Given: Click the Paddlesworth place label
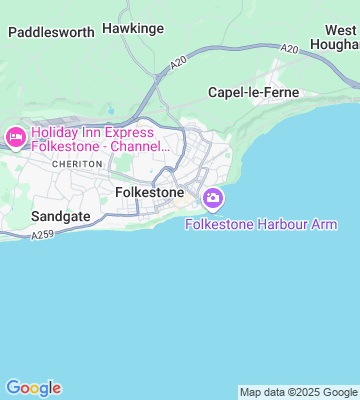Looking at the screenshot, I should click(51, 31).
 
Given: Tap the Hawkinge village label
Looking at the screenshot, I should click(132, 30).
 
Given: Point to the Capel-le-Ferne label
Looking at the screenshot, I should click(253, 92).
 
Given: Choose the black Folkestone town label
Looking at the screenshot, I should click(150, 190).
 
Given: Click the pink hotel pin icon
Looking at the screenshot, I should click(15, 137).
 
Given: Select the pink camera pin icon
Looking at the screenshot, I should click(212, 198).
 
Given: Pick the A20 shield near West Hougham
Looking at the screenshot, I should click(289, 49).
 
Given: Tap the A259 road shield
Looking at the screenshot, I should click(41, 235).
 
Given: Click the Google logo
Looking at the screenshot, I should click(33, 388).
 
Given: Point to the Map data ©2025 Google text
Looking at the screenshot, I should click(298, 392).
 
